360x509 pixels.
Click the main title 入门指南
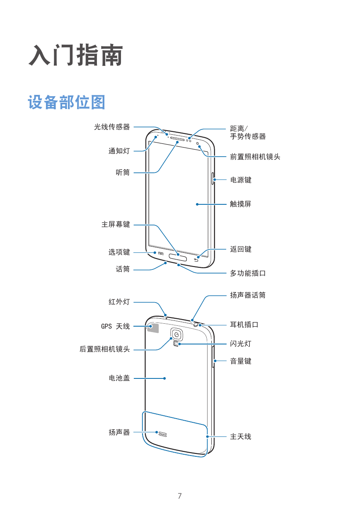click(76, 55)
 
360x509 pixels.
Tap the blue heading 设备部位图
click(67, 102)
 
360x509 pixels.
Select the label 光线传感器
click(112, 127)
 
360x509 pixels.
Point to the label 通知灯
click(119, 151)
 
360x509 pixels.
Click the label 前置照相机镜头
click(255, 157)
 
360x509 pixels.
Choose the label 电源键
click(241, 180)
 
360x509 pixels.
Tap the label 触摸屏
click(241, 204)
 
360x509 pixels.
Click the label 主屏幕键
click(116, 224)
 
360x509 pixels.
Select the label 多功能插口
click(248, 273)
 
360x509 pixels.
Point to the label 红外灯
click(119, 302)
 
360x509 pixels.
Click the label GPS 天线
click(116, 326)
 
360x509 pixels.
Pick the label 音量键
click(241, 361)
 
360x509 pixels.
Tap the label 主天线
click(241, 436)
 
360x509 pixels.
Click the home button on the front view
click(178, 258)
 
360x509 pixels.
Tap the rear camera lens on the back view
click(176, 334)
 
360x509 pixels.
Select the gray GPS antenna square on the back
click(153, 328)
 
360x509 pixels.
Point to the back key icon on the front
click(196, 260)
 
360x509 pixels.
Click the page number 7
click(180, 496)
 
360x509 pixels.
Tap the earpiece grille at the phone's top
click(177, 139)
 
